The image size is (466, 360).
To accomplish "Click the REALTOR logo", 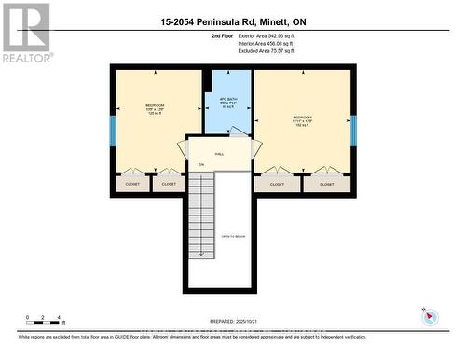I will [x=26, y=33].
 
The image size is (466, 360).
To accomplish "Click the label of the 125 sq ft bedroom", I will [x=156, y=108].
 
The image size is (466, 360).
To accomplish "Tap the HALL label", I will [x=220, y=154].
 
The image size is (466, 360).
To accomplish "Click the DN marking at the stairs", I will [x=201, y=165].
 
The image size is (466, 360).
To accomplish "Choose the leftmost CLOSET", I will [x=131, y=184].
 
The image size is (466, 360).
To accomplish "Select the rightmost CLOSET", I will [x=326, y=184].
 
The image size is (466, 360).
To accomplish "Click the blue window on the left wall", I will [x=112, y=130].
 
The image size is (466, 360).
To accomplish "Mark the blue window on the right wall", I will [x=353, y=130].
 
